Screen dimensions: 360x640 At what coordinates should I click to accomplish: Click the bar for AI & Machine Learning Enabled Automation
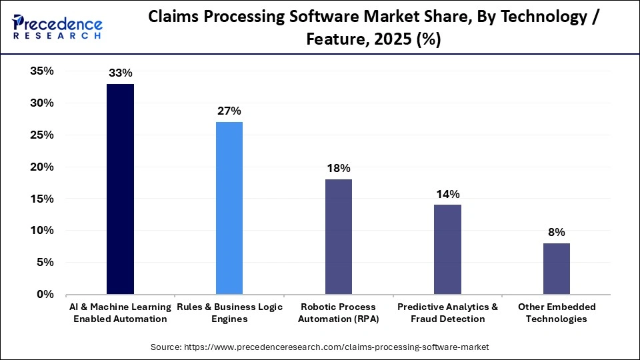120,189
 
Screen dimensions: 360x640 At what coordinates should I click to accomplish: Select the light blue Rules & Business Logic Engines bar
229,208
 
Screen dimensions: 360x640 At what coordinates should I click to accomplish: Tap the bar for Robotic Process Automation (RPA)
339,237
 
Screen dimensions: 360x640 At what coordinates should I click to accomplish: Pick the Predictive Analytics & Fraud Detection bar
447,249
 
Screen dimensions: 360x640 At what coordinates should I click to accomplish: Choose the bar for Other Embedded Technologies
557,269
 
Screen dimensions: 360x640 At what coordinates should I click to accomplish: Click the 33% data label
120,73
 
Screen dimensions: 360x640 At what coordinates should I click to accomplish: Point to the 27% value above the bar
229,111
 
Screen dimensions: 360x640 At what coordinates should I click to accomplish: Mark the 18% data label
339,168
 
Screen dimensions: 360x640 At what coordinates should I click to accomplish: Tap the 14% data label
447,194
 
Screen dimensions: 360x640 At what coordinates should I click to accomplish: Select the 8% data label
557,232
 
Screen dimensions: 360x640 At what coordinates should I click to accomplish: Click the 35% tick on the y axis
41,71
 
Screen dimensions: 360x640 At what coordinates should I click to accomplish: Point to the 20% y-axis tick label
41,167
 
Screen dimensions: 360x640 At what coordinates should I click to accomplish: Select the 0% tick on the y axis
45,294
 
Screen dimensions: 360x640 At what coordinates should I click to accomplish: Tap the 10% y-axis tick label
41,231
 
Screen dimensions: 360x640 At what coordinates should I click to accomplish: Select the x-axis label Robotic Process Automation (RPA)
339,313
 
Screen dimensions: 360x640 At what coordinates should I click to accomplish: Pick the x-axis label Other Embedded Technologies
557,313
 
